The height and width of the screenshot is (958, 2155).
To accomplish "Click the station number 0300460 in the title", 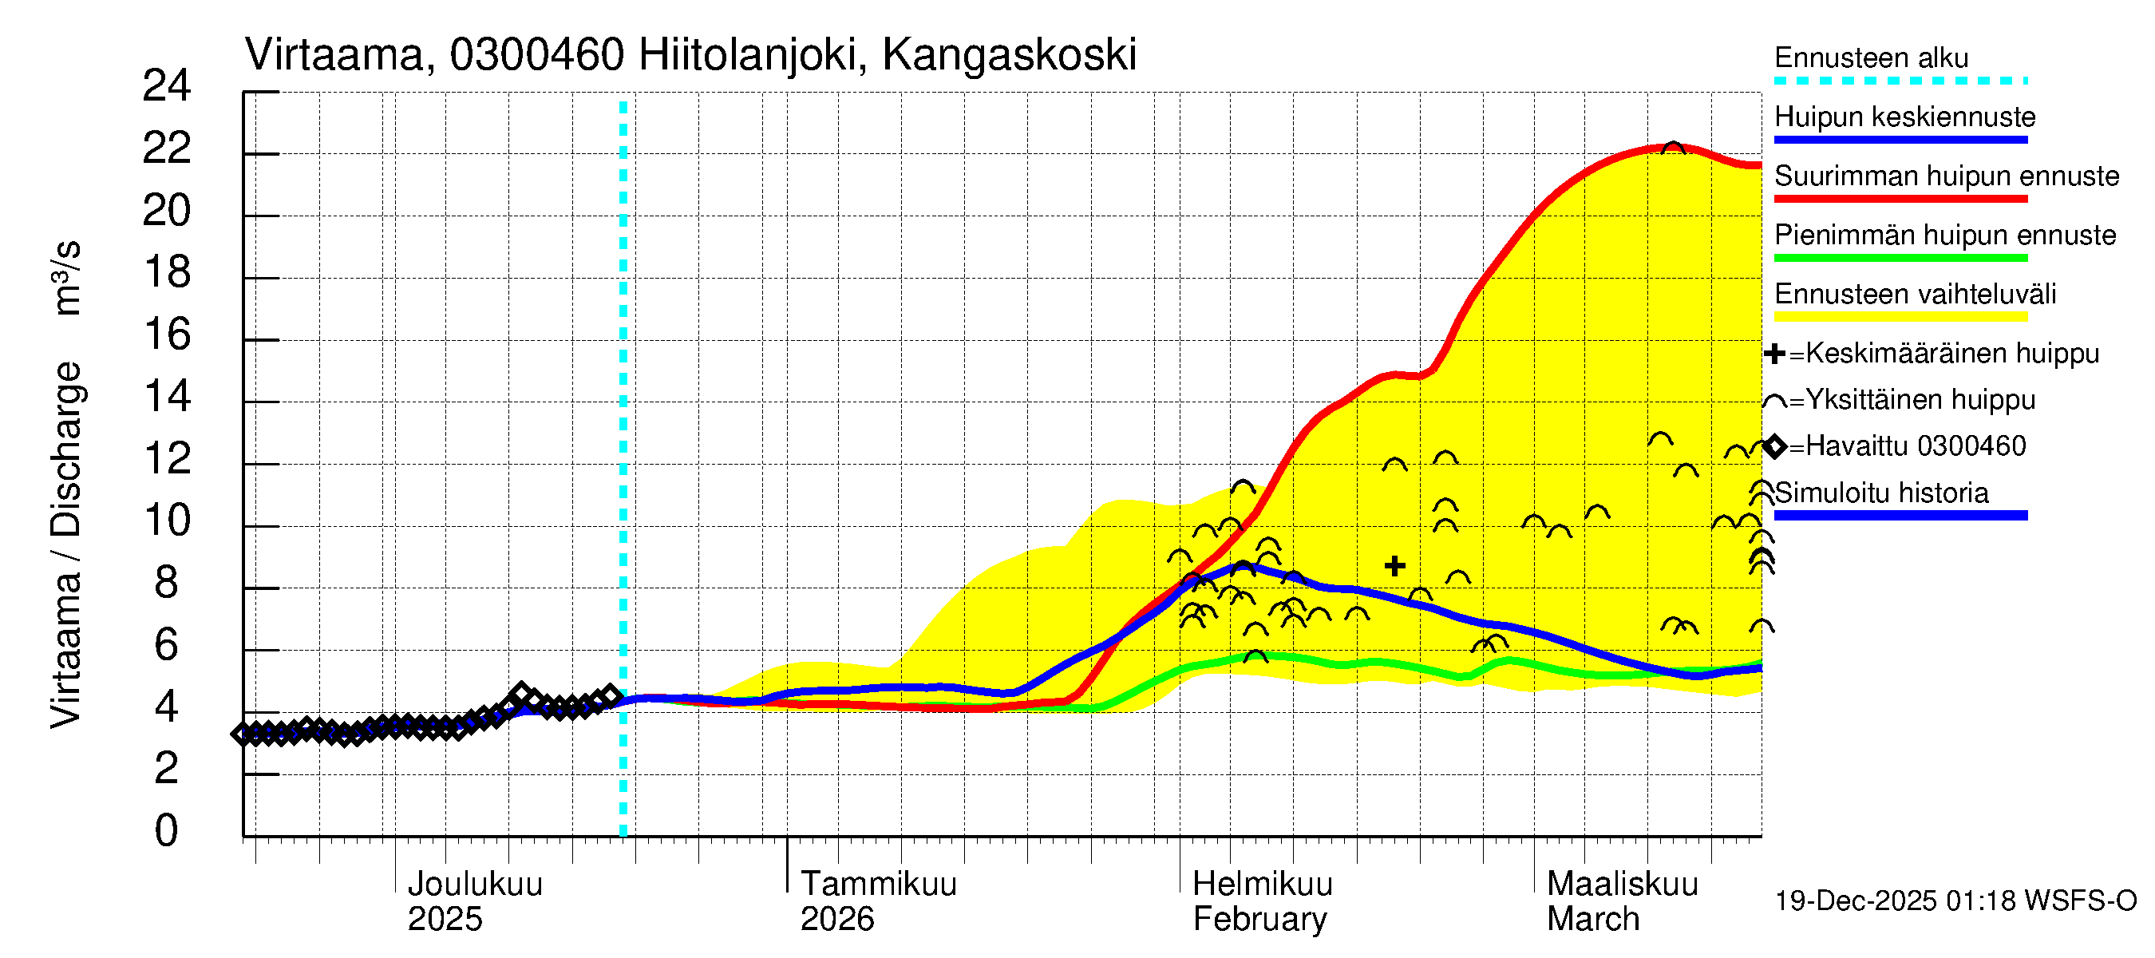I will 536,55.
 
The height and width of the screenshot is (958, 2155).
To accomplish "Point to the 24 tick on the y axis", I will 167,86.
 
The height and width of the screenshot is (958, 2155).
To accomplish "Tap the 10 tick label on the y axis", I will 167,521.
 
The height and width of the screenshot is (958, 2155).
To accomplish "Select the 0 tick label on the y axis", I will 167,831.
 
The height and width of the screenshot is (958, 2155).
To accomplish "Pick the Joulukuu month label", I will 474,885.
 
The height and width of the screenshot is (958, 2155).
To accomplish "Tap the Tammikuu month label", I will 879,885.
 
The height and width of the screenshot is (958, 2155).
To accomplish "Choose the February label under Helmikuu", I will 1259,920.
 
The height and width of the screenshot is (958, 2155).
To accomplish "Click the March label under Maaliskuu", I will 1593,920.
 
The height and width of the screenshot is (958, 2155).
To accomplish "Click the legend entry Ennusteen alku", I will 1871,57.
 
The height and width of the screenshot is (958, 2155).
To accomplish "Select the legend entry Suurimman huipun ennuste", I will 1946,176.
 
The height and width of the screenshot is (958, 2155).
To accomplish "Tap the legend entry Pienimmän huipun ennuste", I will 1944,235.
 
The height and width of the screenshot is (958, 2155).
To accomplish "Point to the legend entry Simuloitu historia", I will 1880,493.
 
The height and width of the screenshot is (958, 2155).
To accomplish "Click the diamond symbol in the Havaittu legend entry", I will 1774,447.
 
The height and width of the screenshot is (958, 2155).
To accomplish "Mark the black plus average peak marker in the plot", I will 1394,567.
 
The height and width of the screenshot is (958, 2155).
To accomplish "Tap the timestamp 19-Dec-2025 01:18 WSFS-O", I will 1955,901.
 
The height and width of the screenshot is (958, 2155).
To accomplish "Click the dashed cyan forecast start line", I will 623,469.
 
